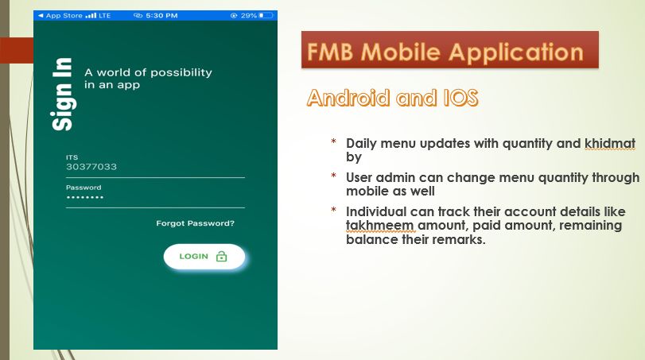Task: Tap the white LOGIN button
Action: pyautogui.click(x=204, y=257)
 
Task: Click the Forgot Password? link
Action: pyautogui.click(x=195, y=223)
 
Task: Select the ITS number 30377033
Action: pyautogui.click(x=91, y=166)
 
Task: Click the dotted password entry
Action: pyautogui.click(x=85, y=198)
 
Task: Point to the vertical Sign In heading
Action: pyautogui.click(x=62, y=94)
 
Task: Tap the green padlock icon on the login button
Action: pyautogui.click(x=221, y=257)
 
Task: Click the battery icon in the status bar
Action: pyautogui.click(x=266, y=16)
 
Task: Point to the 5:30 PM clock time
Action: pyautogui.click(x=161, y=16)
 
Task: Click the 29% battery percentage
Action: pyautogui.click(x=249, y=16)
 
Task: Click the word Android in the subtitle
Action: pyautogui.click(x=348, y=98)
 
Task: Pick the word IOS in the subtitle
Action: pyautogui.click(x=460, y=98)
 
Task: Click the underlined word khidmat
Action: pyautogui.click(x=610, y=143)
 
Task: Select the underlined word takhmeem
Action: pyautogui.click(x=379, y=226)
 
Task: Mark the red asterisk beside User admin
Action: pyautogui.click(x=333, y=176)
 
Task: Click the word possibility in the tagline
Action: pyautogui.click(x=181, y=73)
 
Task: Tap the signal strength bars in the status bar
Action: pyautogui.click(x=91, y=16)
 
